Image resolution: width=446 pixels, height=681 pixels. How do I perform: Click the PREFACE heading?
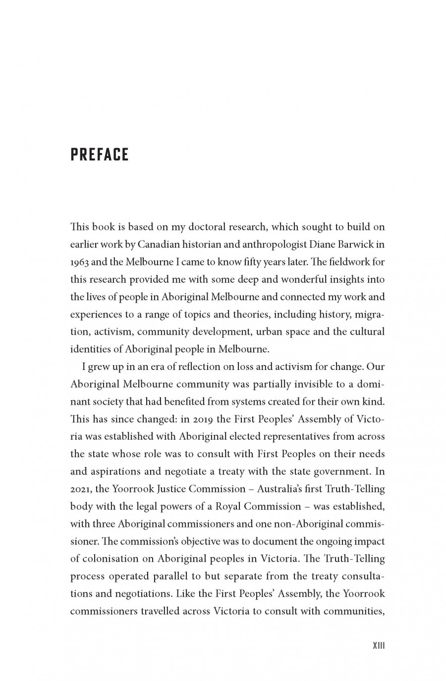tap(100, 155)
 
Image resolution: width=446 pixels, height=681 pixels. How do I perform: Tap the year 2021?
tap(80, 489)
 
